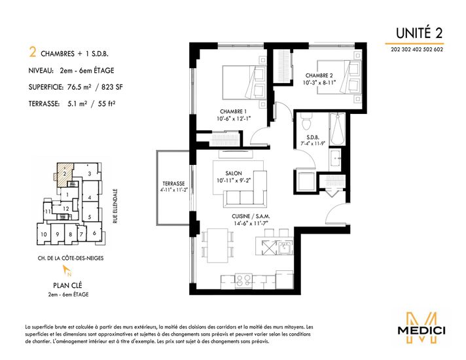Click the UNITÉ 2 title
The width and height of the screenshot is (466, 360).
click(419, 33)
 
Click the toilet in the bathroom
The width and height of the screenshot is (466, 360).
click(306, 121)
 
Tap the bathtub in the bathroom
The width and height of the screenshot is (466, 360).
click(337, 130)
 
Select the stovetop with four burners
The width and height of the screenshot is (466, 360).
click(243, 281)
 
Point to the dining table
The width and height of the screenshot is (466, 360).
click(218, 245)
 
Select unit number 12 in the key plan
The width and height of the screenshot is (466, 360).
click(65, 209)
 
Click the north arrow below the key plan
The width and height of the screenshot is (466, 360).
click(67, 270)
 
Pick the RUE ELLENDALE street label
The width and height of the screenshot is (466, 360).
click(115, 206)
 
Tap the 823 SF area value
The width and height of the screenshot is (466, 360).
click(112, 87)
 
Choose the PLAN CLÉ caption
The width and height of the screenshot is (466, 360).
click(67, 285)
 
